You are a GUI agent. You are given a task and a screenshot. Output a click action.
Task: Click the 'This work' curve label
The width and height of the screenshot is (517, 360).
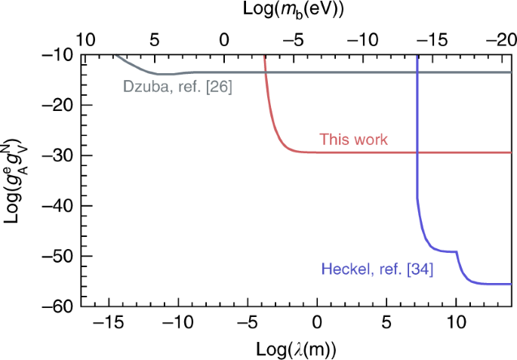[353, 140]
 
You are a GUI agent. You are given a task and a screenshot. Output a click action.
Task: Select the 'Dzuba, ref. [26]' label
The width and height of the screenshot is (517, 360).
[177, 87]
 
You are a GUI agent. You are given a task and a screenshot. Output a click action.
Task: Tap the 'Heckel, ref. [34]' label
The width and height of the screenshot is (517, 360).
[377, 268]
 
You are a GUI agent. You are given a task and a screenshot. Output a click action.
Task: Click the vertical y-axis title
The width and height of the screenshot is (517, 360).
[17, 181]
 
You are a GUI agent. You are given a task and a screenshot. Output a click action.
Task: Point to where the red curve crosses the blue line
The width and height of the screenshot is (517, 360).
[417, 152]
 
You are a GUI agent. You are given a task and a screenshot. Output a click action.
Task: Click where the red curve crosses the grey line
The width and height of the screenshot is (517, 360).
[266, 72]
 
